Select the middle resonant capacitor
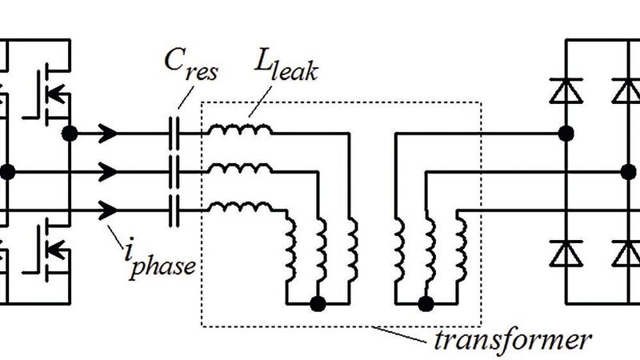point(174,170)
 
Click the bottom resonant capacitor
point(174,210)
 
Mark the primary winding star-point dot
point(318,304)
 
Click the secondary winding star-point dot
point(426,304)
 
